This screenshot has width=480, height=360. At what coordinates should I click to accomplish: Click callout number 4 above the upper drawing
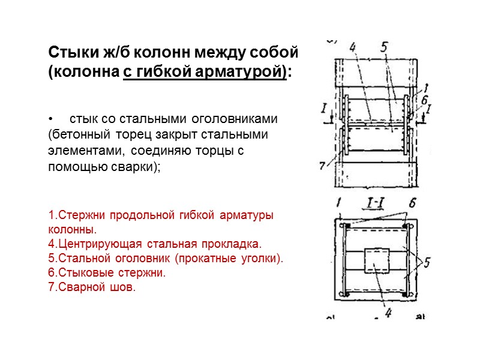(353, 47)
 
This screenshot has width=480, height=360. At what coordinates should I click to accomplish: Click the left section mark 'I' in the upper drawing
(325, 108)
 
